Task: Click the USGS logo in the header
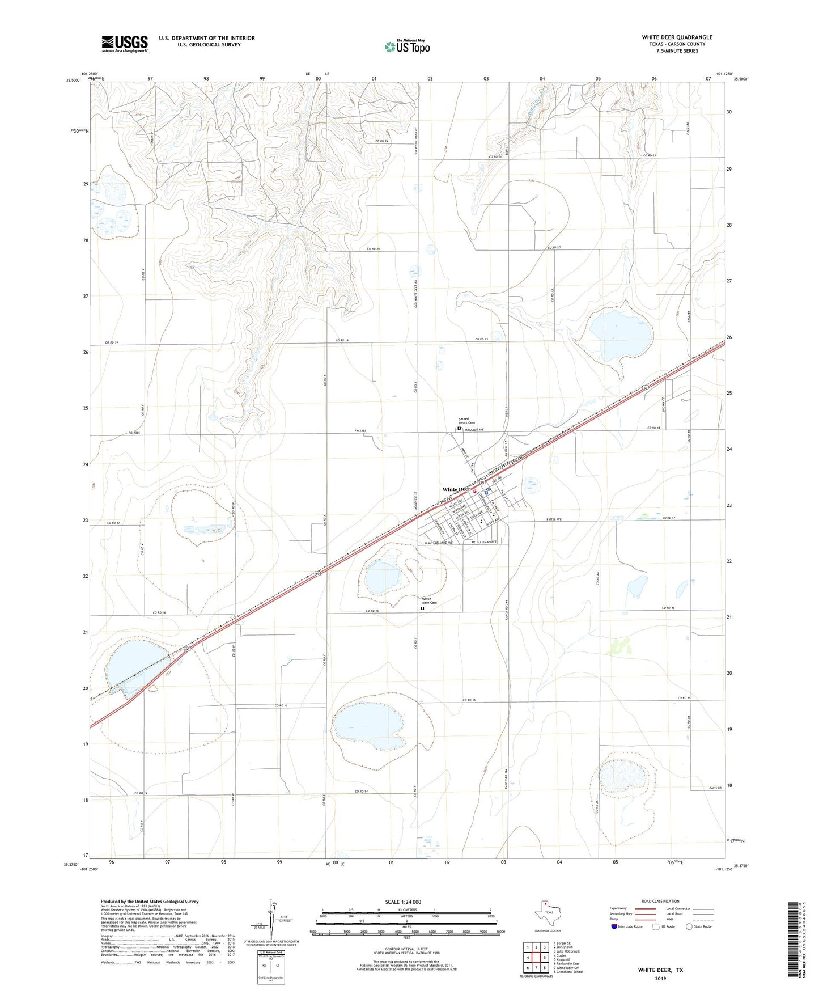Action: coord(125,44)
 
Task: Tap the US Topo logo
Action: coord(407,46)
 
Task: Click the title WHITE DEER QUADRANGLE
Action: coord(677,37)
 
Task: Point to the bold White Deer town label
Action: coord(456,489)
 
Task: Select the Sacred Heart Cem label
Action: coord(466,421)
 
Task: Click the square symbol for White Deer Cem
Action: coord(422,608)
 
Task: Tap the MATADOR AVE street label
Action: coord(474,430)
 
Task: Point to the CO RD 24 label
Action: coord(381,141)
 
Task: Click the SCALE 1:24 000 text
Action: coord(403,902)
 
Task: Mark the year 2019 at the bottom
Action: coord(660,978)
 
